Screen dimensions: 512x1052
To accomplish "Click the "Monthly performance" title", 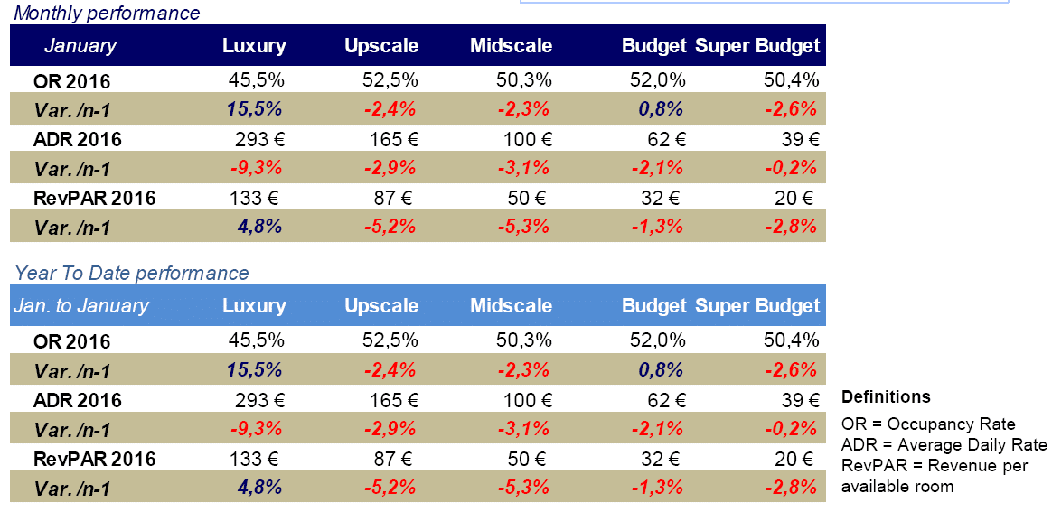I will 108,14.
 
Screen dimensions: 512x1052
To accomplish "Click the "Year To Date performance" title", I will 132,273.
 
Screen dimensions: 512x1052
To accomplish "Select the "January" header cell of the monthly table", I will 80,46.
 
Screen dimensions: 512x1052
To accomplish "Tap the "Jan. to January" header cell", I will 81,305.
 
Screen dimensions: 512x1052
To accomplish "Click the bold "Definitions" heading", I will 886,397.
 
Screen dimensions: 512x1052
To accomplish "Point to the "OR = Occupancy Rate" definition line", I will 928,424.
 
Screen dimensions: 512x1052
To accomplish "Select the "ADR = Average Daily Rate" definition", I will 944,445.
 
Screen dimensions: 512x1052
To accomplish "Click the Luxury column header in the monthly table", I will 254,46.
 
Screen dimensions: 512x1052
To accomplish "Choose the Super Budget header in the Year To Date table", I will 757,305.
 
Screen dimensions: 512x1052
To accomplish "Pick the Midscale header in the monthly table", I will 511,46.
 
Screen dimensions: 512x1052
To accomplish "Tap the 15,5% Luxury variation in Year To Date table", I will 258,370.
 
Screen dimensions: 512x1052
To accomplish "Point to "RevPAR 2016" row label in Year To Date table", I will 94,459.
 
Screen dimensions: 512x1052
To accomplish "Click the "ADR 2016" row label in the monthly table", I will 77,140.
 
